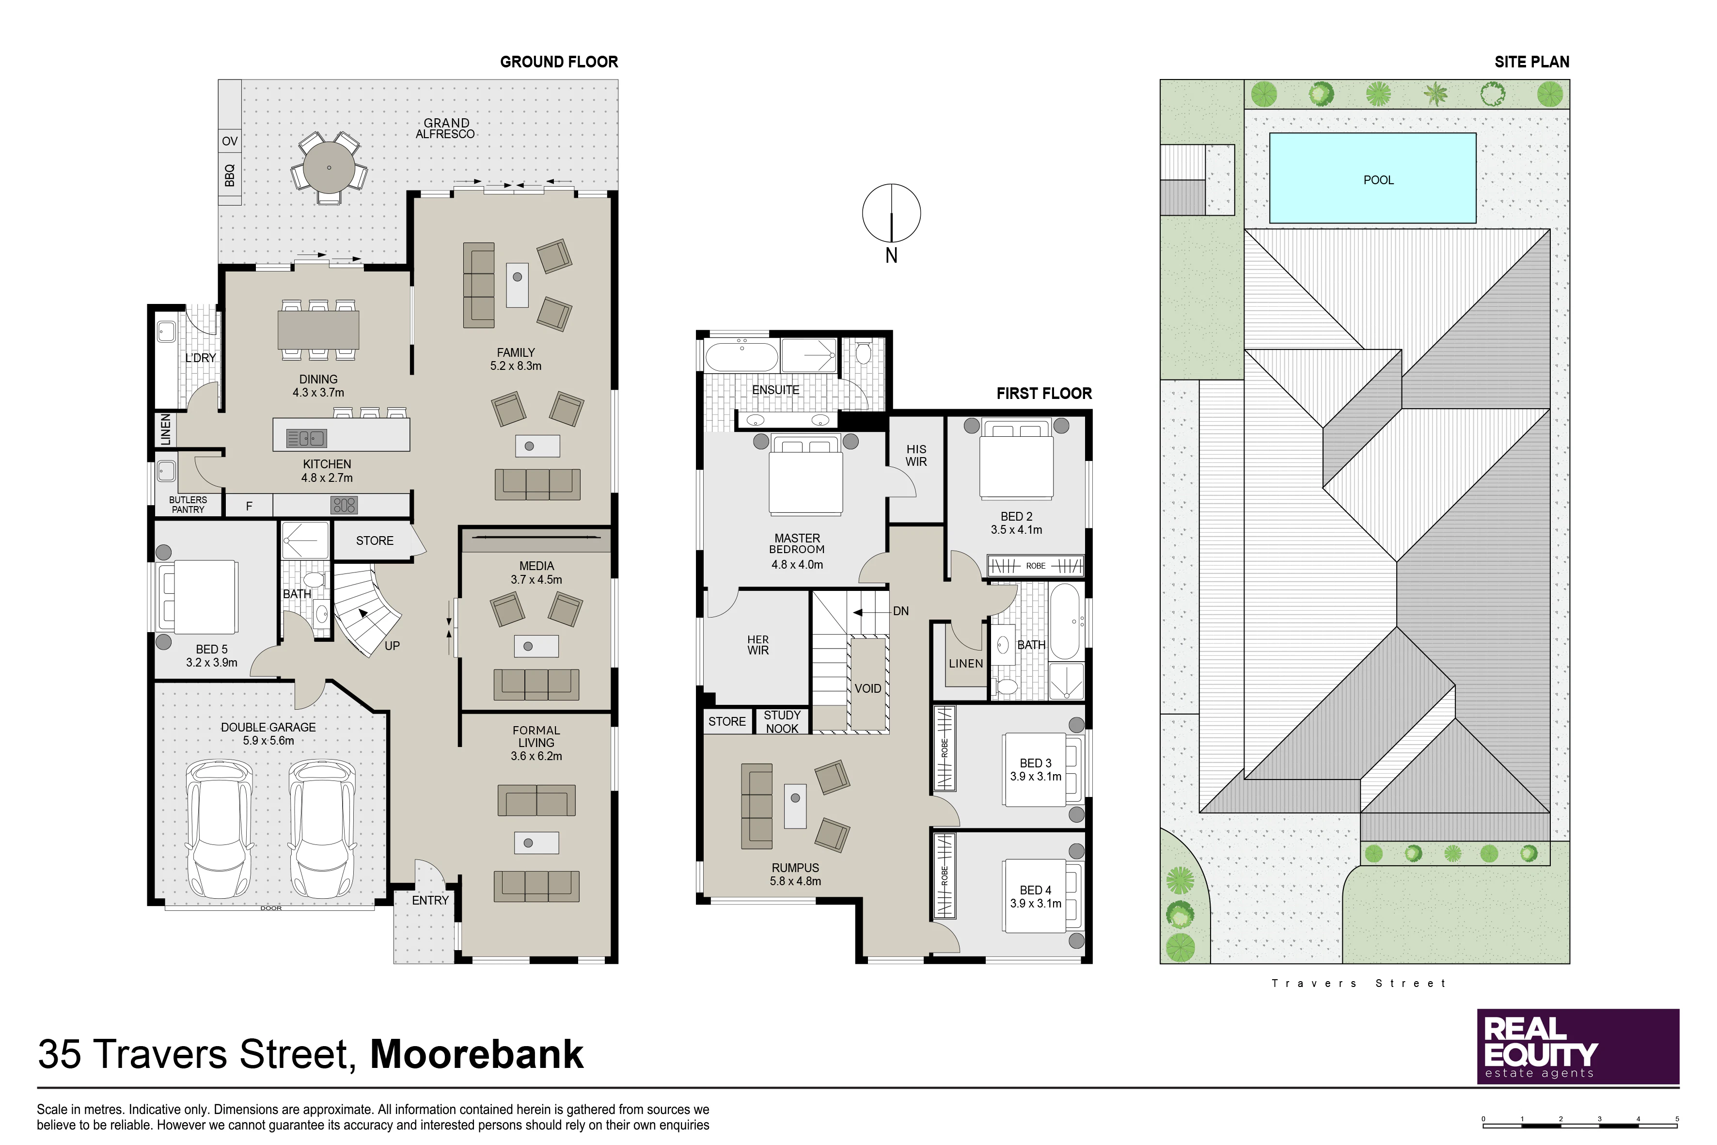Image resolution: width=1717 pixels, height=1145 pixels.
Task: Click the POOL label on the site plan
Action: point(1378,180)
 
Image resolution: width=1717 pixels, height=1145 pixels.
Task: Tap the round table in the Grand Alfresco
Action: point(329,167)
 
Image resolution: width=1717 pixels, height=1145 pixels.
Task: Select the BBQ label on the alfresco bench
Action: point(230,175)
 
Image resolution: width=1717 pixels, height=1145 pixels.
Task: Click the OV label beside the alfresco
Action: point(230,141)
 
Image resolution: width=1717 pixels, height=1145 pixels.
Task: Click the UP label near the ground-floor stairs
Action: point(392,646)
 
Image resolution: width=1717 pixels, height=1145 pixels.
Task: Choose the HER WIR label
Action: point(758,645)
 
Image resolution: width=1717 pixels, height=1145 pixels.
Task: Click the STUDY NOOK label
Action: point(782,721)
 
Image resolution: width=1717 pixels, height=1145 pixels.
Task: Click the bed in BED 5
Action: point(198,597)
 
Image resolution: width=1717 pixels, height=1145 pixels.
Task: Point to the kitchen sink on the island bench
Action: point(307,438)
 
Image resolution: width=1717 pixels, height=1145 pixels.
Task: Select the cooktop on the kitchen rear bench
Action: point(344,505)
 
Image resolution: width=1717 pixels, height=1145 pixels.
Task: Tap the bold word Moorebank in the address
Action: point(477,1054)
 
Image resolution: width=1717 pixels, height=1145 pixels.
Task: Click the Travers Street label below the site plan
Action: point(1358,984)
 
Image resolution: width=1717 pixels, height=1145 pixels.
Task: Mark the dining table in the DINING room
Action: point(318,329)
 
